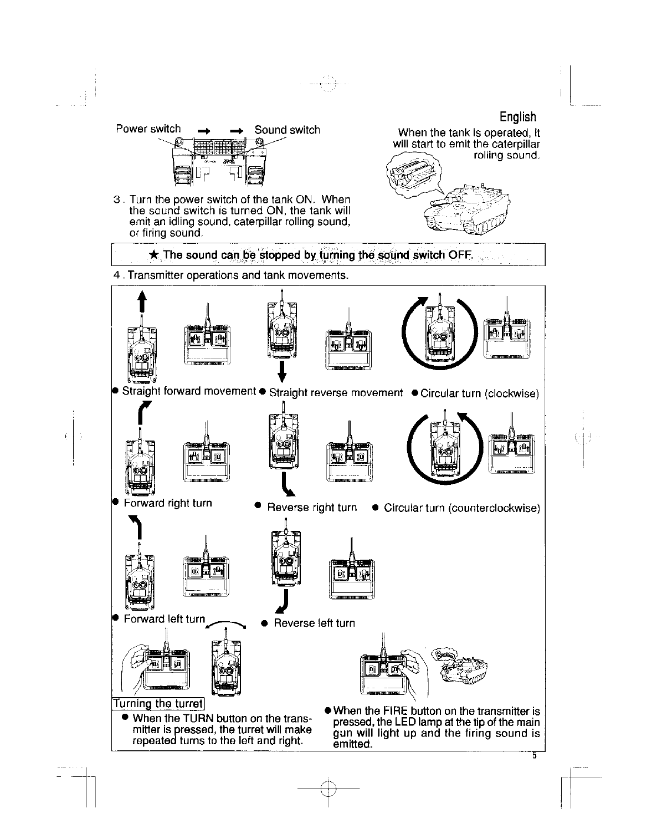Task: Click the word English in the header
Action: (x=517, y=117)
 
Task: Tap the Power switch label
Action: (x=148, y=129)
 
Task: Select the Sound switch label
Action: (x=287, y=130)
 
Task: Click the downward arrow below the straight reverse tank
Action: (x=282, y=371)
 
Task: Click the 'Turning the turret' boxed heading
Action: (x=158, y=704)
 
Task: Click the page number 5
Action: (x=535, y=755)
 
